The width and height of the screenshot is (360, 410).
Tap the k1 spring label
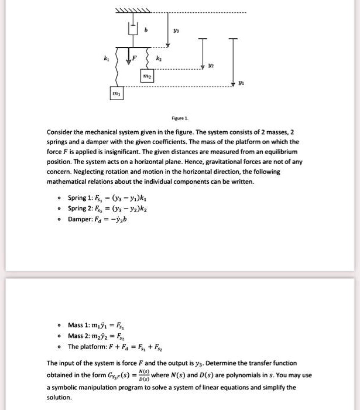(106, 60)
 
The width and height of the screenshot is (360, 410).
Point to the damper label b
(153, 28)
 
